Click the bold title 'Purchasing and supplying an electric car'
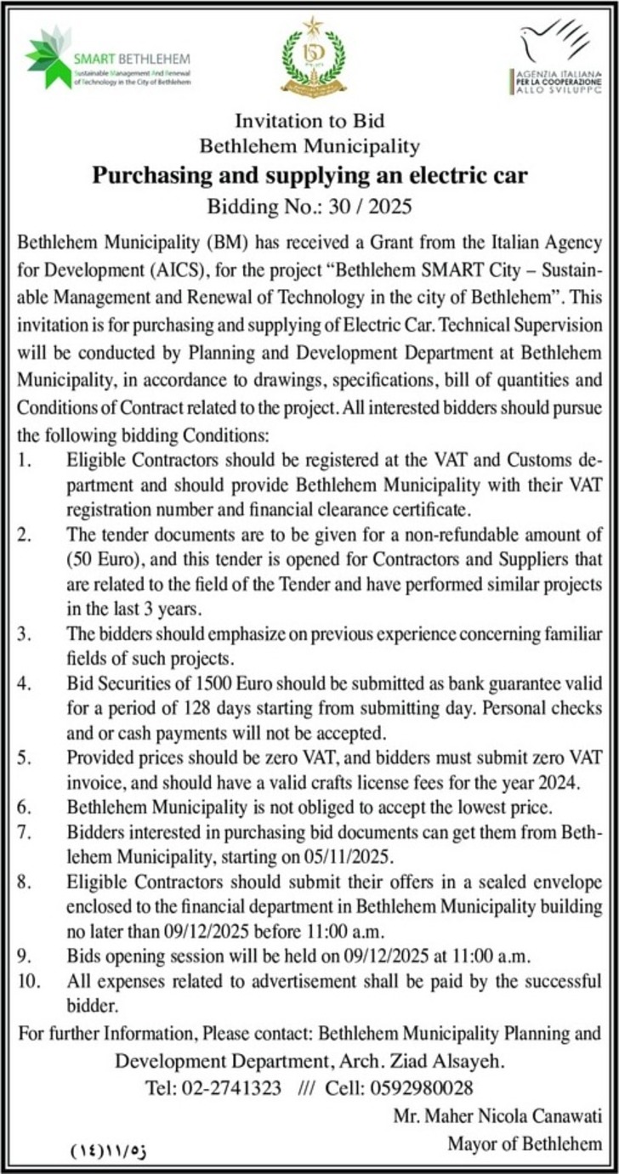309,177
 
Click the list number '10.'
28,980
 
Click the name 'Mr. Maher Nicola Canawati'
497,1115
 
